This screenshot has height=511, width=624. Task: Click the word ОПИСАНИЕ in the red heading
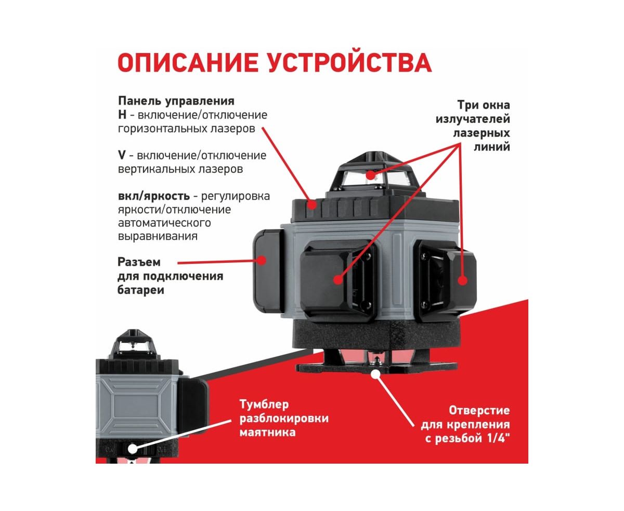click(x=188, y=62)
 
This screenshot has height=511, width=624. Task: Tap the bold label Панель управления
click(x=176, y=101)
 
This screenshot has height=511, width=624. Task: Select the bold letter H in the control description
click(x=122, y=114)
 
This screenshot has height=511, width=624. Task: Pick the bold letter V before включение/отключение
click(x=122, y=155)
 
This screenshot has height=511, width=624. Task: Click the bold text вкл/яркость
click(x=153, y=196)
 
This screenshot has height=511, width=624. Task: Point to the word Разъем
click(x=139, y=262)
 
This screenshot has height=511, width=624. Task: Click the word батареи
click(x=141, y=290)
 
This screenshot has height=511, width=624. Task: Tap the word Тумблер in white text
click(x=264, y=404)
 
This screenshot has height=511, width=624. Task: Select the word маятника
click(x=267, y=432)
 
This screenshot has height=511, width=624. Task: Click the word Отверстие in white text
click(x=479, y=411)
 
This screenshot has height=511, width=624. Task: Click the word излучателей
click(x=473, y=119)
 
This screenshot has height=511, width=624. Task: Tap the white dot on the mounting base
click(x=375, y=374)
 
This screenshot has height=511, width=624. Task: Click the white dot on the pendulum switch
click(x=132, y=449)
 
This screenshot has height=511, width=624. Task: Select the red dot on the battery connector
click(x=262, y=260)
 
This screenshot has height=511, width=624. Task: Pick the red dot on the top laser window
click(x=370, y=175)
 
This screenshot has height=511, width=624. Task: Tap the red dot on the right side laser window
click(x=462, y=280)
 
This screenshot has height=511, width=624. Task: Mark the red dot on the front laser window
click(x=338, y=279)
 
